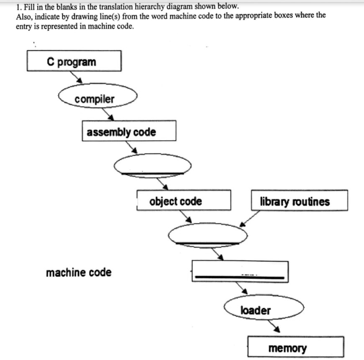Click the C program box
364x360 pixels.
74,61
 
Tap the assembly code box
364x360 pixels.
129,131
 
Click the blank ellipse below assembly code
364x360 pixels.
153,166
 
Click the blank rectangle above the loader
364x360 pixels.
240,271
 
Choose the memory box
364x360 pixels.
295,347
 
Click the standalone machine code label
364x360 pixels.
79,273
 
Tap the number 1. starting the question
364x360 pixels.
19,7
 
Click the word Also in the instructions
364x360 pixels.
23,16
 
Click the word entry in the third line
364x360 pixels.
23,26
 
